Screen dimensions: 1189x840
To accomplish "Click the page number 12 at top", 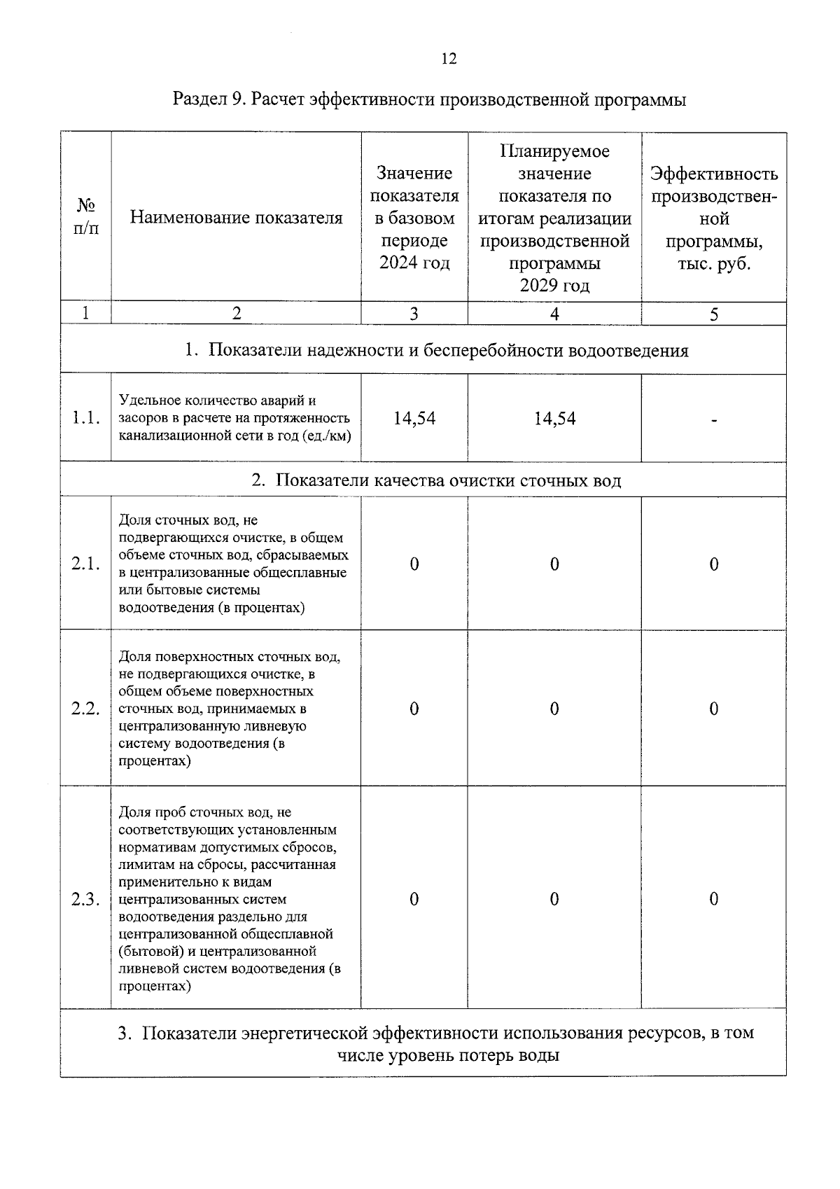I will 449,59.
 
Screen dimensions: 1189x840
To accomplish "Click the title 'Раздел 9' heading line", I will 429,99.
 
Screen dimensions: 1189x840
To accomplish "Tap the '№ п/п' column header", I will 85,217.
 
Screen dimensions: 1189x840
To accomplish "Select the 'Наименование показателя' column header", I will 237,218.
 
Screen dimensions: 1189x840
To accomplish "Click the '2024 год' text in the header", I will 414,263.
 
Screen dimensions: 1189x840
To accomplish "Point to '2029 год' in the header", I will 554,286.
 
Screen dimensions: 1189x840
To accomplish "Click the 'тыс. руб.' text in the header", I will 714,264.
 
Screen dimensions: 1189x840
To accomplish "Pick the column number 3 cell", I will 414,314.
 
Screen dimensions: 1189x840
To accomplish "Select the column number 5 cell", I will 713,314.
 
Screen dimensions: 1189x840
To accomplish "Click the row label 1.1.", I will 86,419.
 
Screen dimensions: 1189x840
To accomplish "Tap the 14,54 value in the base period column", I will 414,419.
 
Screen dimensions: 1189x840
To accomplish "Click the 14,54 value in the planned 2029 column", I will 554,419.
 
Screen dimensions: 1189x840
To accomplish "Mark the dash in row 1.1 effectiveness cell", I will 713,420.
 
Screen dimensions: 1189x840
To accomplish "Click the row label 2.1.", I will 86,564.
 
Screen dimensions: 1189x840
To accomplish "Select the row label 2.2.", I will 86,709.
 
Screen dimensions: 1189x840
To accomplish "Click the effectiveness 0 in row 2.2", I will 713,709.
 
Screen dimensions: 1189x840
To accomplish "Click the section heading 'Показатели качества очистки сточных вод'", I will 448,480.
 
